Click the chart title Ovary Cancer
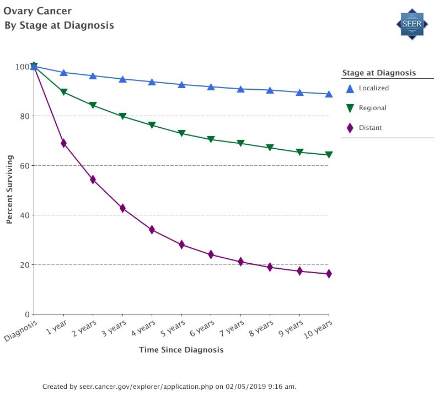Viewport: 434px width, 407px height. point(37,11)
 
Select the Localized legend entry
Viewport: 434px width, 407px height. point(373,88)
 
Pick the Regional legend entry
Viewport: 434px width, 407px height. point(372,108)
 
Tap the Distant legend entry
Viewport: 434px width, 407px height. point(370,128)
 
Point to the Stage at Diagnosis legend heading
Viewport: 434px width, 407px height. point(379,73)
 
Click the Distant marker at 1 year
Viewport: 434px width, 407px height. point(63,143)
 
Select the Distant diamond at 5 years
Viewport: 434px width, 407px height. point(181,245)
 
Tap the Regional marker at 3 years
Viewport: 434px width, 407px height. point(122,116)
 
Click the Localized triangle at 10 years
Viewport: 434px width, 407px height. point(329,94)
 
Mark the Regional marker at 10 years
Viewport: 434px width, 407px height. point(329,155)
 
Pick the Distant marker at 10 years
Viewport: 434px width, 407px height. point(329,274)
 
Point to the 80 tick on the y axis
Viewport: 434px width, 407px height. point(24,116)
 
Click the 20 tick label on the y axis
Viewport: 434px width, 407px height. point(24,265)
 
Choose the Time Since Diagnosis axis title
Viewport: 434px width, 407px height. point(181,350)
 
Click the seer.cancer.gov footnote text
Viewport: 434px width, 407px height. point(169,387)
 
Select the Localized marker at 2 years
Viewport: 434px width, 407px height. point(93,76)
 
